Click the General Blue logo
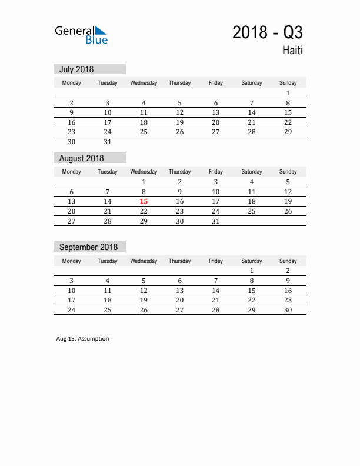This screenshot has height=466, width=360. coord(81,35)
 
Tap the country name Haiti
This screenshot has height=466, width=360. coord(292,51)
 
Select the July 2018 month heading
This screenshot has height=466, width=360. coord(76,69)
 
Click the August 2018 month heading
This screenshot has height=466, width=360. coord(81,158)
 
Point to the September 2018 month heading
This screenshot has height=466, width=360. coord(88,247)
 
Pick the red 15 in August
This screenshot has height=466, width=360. coord(144,201)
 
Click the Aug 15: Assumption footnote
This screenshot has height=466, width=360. coord(82,339)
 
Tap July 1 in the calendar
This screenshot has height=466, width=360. coord(288,93)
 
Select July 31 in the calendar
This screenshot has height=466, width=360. coord(108,142)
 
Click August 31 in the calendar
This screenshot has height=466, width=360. coord(216,221)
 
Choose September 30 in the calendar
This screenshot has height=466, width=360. coord(288,310)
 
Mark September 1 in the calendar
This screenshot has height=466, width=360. coord(252,271)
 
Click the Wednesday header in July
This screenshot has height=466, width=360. coord(144,83)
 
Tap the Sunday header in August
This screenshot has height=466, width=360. coord(288,172)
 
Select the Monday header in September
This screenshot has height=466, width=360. coord(72,261)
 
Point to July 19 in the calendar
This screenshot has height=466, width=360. coord(179,122)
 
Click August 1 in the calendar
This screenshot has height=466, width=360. coord(144,182)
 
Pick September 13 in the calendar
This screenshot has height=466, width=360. coord(179,291)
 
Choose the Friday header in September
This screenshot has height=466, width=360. coord(216,261)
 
